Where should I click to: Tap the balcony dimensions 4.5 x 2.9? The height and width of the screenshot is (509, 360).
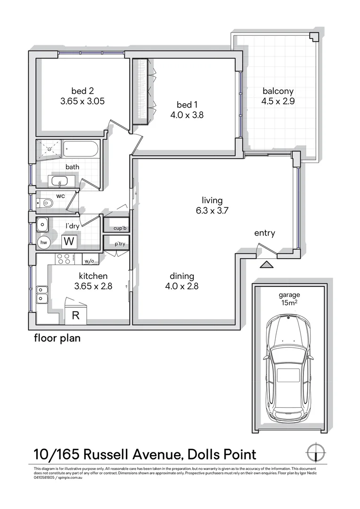tap(278, 101)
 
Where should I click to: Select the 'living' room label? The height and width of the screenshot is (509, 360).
tap(212, 200)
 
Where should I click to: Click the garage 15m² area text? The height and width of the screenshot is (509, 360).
tap(288, 303)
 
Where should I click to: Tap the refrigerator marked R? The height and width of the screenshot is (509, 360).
tap(75, 316)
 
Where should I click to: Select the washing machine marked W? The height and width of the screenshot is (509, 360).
tap(69, 242)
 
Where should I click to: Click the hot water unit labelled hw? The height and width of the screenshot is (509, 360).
tap(44, 242)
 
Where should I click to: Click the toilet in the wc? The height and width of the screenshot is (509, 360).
tap(47, 203)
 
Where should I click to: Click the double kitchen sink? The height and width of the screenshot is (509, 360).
tap(41, 294)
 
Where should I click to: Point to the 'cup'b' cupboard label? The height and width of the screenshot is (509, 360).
tap(121, 229)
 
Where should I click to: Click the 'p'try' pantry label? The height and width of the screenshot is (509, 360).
tap(120, 245)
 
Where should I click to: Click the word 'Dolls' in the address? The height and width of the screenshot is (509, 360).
tap(205, 455)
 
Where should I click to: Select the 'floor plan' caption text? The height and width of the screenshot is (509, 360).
tap(57, 338)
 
